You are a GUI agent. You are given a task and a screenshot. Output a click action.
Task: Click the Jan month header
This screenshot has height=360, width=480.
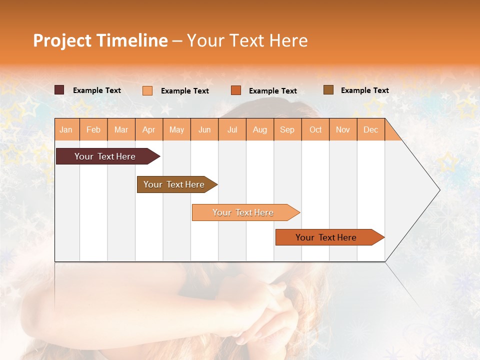[66, 129]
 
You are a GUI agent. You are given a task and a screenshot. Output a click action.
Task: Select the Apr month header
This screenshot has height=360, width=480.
[149, 129]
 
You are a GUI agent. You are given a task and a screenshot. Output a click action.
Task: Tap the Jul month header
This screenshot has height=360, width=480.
[232, 129]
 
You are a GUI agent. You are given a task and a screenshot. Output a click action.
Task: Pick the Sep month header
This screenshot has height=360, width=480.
[287, 129]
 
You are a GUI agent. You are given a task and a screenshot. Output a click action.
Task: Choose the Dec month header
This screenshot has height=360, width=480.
[370, 129]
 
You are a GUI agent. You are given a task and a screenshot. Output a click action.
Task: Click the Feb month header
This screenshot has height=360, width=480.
[93, 129]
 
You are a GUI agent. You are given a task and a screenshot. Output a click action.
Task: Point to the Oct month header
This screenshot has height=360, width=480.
[315, 129]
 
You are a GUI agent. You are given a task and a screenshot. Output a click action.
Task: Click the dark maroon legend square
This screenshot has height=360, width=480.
[59, 90]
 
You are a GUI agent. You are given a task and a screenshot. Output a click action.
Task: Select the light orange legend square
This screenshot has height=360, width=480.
[147, 90]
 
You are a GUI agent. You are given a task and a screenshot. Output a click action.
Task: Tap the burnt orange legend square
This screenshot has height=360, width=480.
[236, 90]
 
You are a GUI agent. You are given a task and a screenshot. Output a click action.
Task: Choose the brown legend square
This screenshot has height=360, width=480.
[328, 89]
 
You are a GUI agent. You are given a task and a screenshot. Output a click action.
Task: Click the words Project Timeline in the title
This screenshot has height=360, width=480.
[100, 40]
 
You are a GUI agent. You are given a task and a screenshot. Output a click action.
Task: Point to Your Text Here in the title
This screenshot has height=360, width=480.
[247, 40]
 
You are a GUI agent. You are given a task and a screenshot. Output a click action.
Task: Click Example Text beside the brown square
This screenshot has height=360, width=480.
[364, 90]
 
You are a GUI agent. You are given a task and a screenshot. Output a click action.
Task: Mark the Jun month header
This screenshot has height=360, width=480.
[204, 129]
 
